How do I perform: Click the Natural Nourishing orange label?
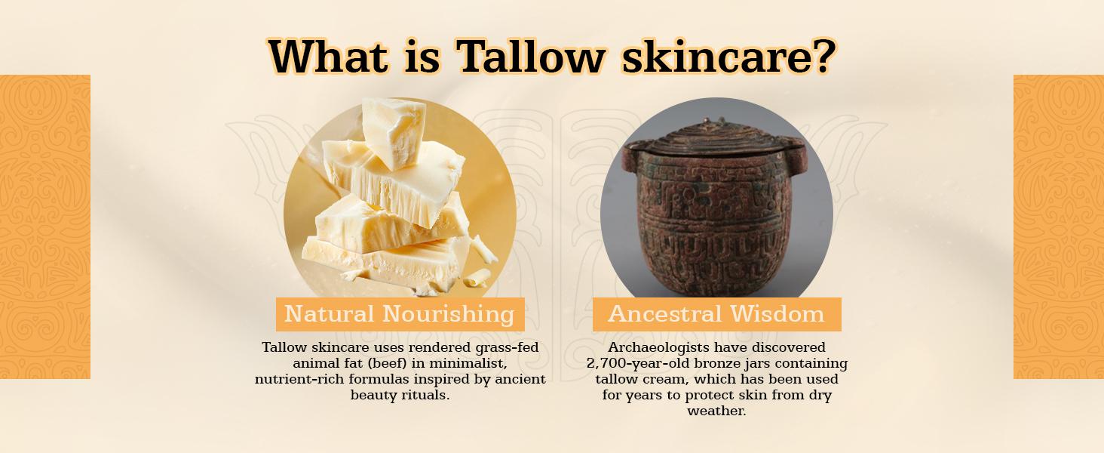click(400, 314)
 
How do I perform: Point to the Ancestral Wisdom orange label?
click(716, 314)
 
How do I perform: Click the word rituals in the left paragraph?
click(427, 395)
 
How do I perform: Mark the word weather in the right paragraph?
click(716, 411)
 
